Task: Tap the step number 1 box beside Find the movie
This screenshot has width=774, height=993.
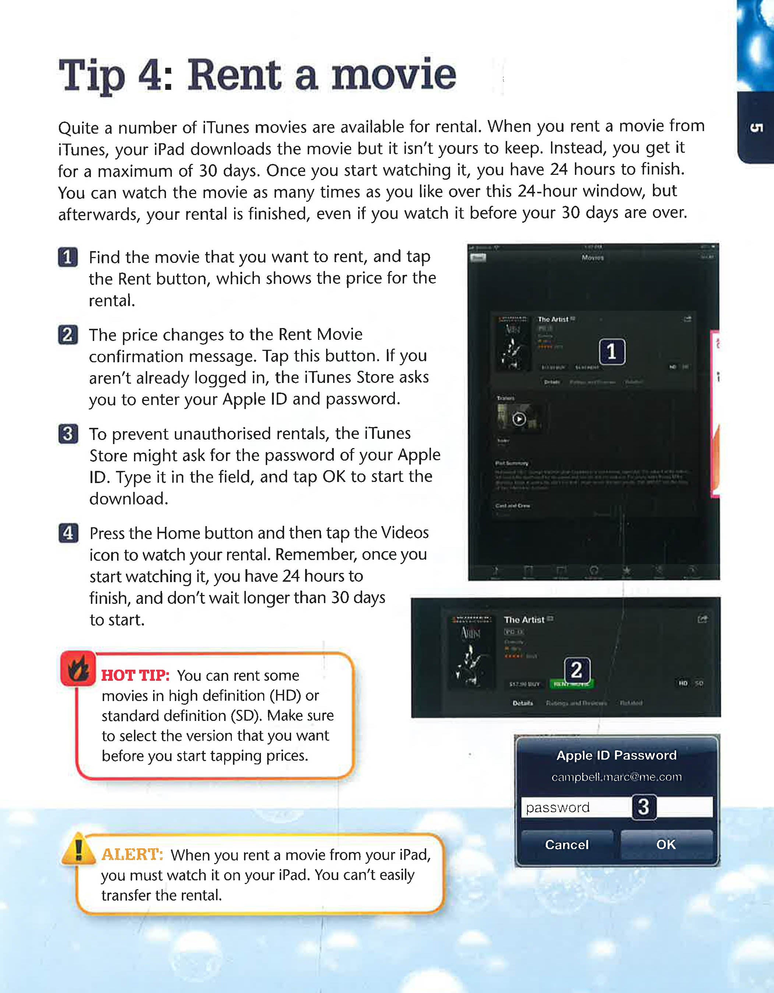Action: (x=68, y=257)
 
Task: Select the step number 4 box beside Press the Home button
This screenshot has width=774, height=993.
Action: (x=68, y=533)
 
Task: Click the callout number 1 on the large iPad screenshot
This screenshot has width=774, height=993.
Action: (x=612, y=352)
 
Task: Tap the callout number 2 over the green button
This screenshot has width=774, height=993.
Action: (x=577, y=670)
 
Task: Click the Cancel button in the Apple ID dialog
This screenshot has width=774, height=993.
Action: (x=567, y=844)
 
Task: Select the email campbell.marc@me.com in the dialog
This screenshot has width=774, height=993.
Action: (x=616, y=777)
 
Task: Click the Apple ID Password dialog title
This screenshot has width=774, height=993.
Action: (x=616, y=755)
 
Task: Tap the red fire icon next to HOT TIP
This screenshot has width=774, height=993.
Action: (x=78, y=669)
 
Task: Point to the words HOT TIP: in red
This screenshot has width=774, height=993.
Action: (x=135, y=676)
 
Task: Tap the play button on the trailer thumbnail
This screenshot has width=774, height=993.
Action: (x=519, y=419)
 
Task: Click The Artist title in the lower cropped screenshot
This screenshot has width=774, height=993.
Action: (x=524, y=620)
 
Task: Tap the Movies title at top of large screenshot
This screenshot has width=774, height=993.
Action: (x=593, y=257)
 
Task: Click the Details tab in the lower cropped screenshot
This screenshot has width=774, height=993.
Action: (x=523, y=703)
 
